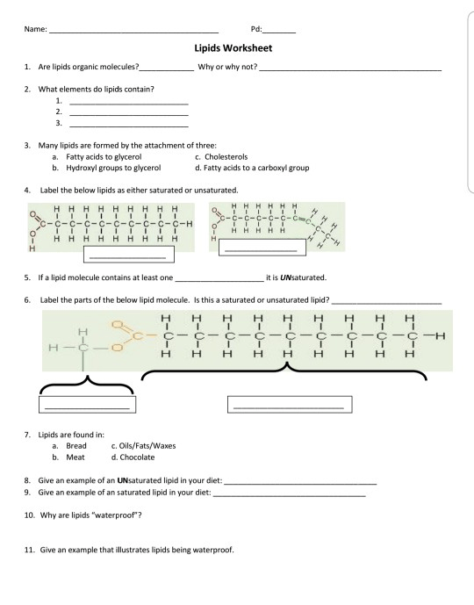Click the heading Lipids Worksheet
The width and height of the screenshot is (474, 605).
click(237, 50)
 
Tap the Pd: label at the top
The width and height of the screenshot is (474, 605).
click(256, 29)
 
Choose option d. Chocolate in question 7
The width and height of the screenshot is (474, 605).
click(133, 457)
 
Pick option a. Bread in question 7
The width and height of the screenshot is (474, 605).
click(69, 446)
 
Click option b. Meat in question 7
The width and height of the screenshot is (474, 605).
click(68, 457)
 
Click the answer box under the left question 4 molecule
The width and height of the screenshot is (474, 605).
click(128, 256)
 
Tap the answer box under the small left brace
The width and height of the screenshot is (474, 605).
click(86, 405)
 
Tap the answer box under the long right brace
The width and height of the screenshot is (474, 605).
click(288, 405)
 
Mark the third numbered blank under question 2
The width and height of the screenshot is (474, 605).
click(128, 126)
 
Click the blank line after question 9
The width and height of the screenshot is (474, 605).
click(289, 496)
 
